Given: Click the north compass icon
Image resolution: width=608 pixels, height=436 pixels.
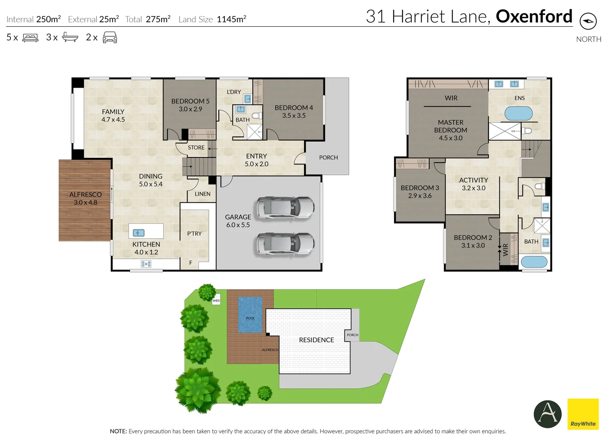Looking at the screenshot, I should [588, 21].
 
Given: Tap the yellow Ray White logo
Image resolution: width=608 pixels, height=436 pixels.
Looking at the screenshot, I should [583, 414].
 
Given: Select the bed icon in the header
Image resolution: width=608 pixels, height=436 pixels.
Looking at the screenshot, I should [30, 38].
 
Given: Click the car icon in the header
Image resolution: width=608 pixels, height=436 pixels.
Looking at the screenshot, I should [110, 38].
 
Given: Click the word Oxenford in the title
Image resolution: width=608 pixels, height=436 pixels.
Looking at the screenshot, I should [534, 17].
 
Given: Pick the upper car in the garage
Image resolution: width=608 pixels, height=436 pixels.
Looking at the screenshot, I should [286, 208].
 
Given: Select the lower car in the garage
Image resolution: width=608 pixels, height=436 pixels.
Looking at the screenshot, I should [286, 244].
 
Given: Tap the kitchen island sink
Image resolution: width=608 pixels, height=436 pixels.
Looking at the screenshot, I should [138, 233].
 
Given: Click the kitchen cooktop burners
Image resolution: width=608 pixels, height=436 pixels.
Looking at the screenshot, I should [146, 264].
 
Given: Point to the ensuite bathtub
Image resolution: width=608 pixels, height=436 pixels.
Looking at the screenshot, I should [518, 113].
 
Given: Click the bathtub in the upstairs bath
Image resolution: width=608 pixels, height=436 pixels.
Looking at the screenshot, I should [534, 262].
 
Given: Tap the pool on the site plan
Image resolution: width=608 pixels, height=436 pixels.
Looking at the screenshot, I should [250, 315].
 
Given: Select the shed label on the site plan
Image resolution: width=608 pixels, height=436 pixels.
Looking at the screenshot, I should [216, 300].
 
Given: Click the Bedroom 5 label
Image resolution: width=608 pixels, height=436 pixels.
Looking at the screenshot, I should [190, 101].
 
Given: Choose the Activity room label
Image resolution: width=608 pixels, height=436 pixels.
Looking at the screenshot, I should [473, 180].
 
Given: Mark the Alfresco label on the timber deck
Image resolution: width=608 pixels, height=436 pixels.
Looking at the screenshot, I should [85, 195].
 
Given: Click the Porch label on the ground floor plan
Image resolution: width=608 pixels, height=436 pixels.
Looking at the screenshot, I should [328, 157].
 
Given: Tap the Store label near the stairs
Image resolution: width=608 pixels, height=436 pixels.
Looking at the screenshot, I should [196, 148].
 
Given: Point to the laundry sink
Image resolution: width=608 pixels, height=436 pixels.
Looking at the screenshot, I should [247, 99].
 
